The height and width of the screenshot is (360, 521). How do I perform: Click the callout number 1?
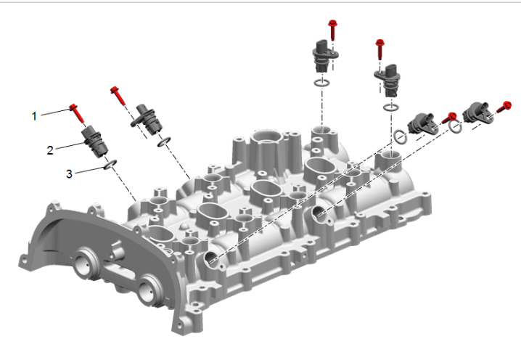tap(34, 116)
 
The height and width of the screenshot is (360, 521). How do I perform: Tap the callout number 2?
tap(50, 150)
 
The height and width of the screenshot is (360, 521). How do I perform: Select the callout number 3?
tap(69, 174)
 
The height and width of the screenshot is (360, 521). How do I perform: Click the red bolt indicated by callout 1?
tap(77, 113)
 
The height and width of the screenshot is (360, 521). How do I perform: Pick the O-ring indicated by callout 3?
tap(110, 164)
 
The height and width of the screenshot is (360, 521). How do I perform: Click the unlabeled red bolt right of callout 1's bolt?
tap(118, 95)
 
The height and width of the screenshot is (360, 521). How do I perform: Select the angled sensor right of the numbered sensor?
tap(147, 119)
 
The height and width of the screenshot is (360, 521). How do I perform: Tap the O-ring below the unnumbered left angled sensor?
tap(164, 142)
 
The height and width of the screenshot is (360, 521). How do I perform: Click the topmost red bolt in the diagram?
tap(332, 30)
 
